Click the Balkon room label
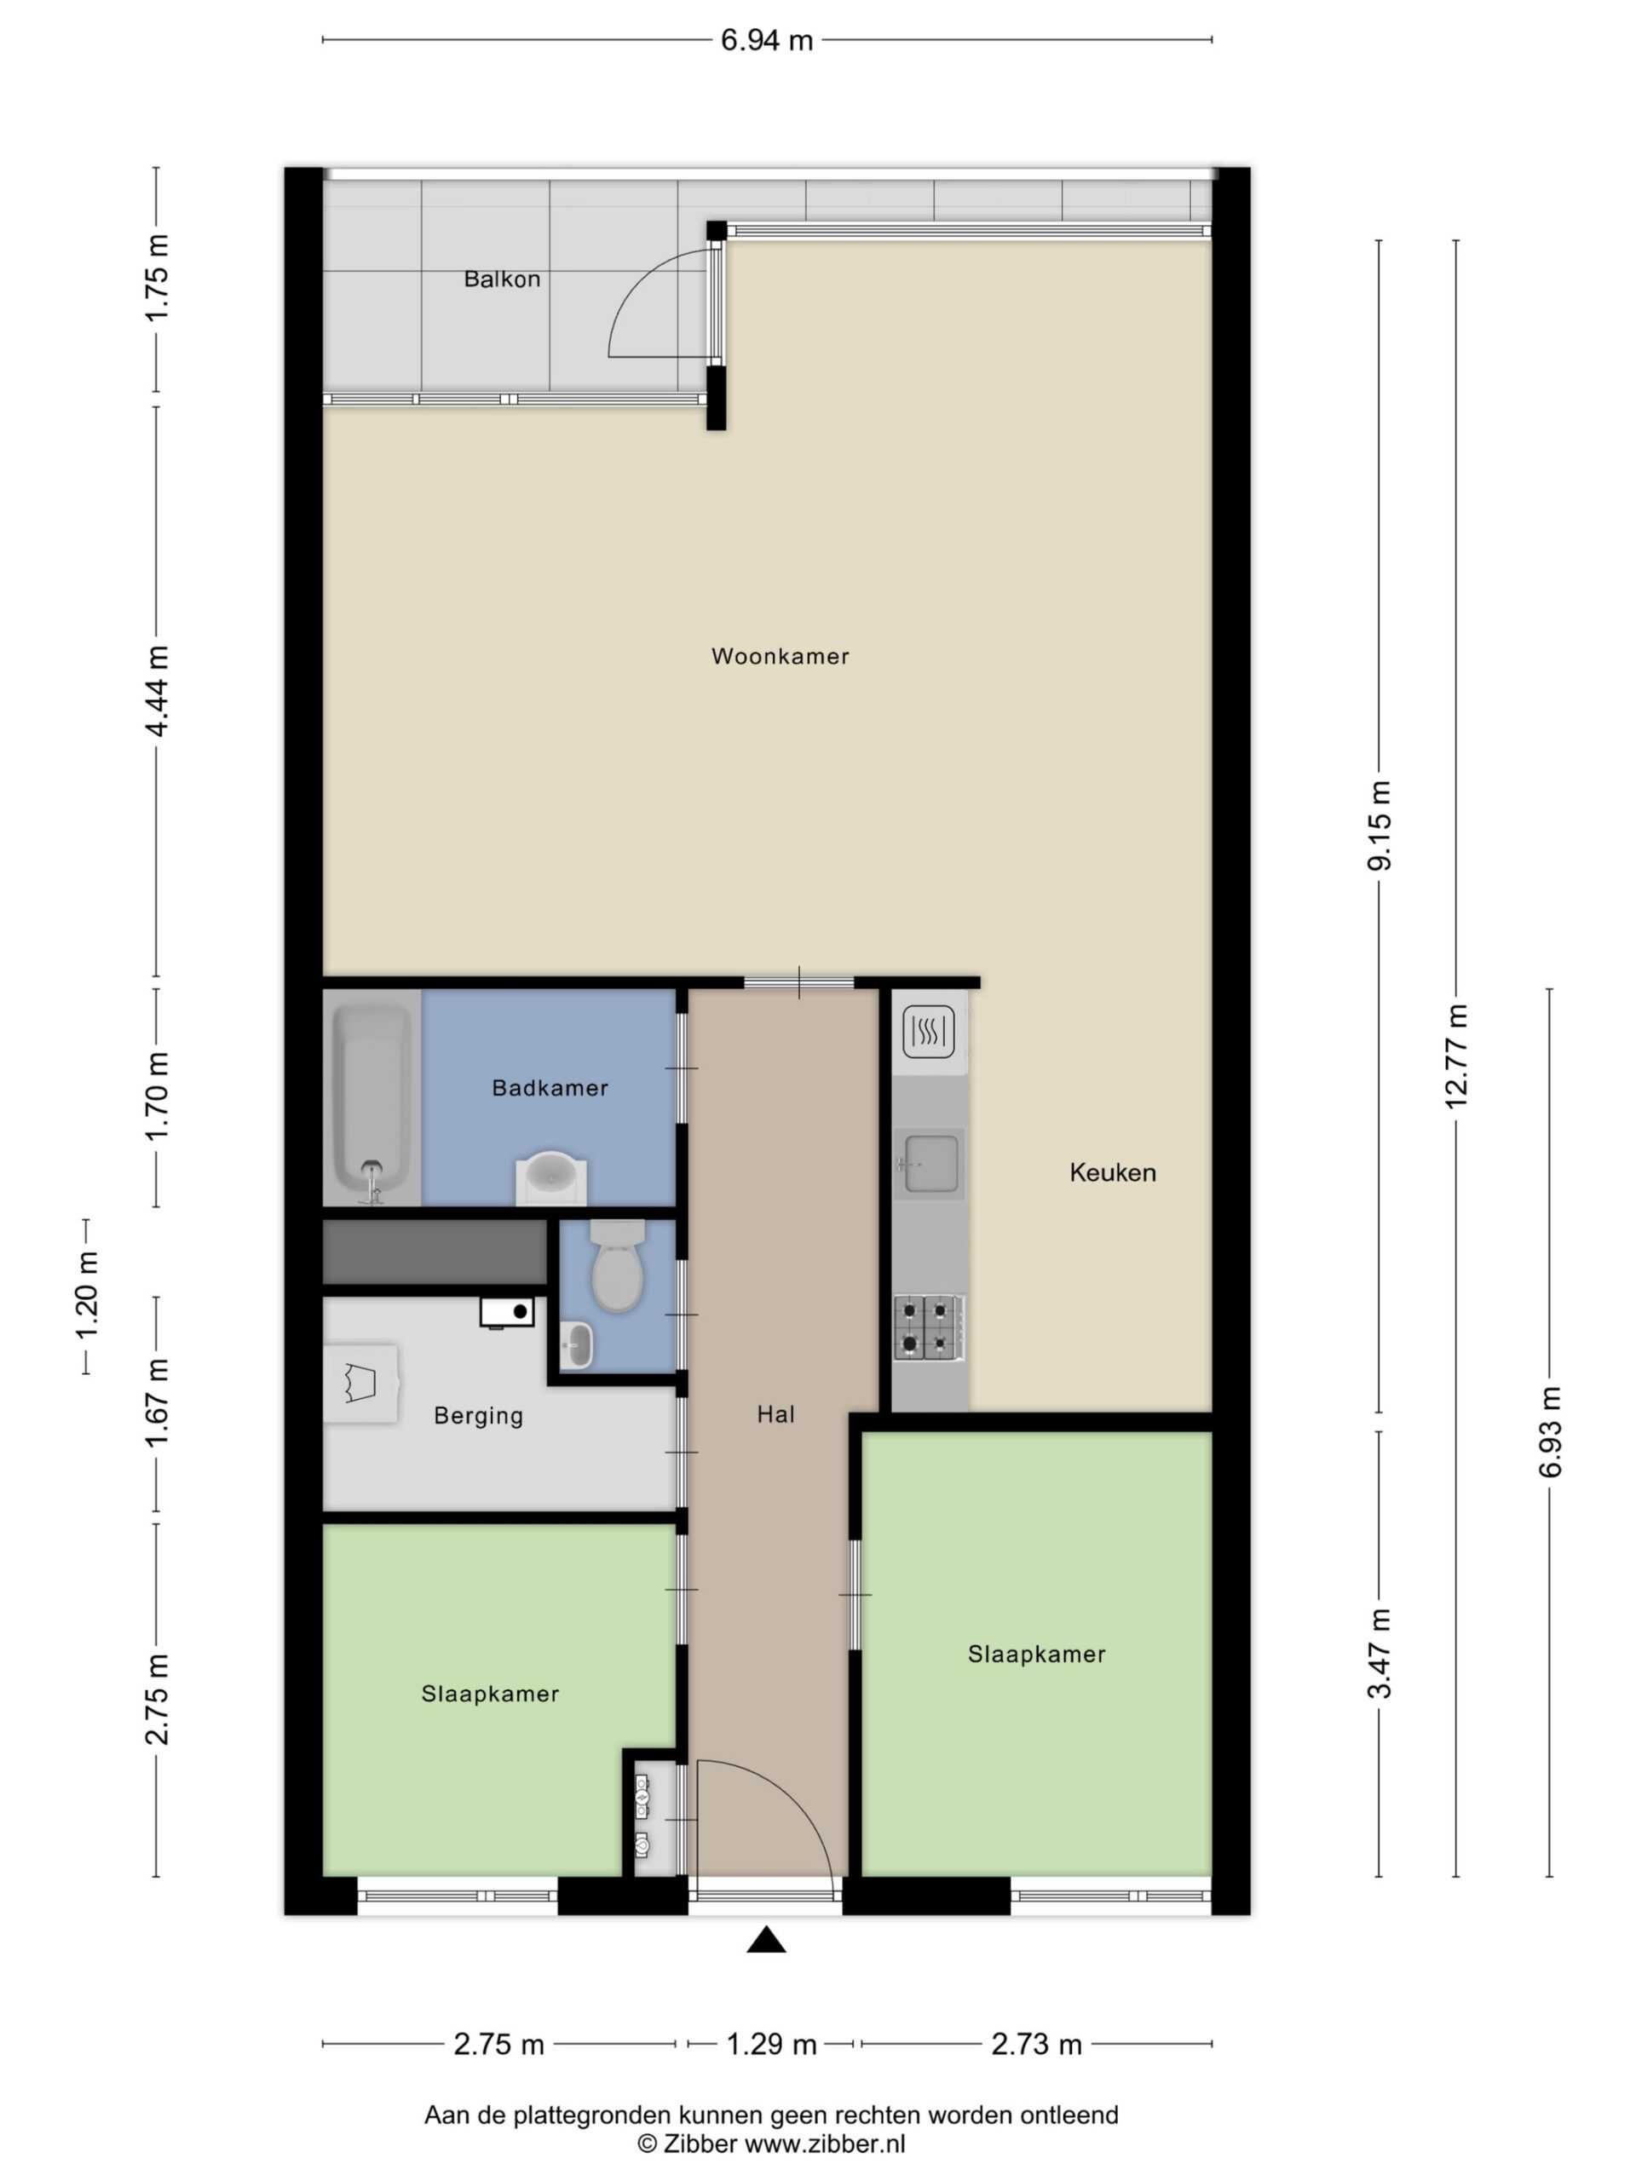[502, 279]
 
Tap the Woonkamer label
[780, 656]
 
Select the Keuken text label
[1112, 1172]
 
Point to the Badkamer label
[550, 1088]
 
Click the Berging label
[478, 1417]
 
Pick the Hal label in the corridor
[776, 1415]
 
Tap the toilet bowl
[617, 1266]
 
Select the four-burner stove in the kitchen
[928, 1328]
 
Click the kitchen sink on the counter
[929, 1165]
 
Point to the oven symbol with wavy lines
[929, 1032]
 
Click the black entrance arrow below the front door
[766, 1941]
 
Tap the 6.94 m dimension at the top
[766, 40]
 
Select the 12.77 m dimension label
[1456, 1056]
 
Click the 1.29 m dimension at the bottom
[771, 2044]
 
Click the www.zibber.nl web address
[825, 2144]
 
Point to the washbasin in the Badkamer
[551, 1177]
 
